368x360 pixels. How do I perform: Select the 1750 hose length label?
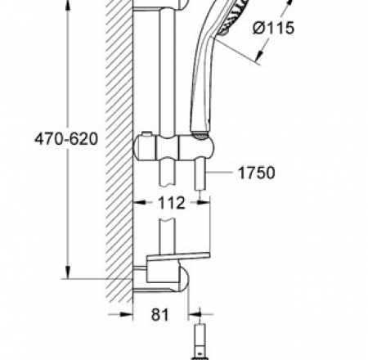[256, 173]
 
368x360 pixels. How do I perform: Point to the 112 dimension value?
[170, 204]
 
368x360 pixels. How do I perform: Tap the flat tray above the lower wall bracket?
[168, 262]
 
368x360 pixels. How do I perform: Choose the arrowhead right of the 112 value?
[196, 204]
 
